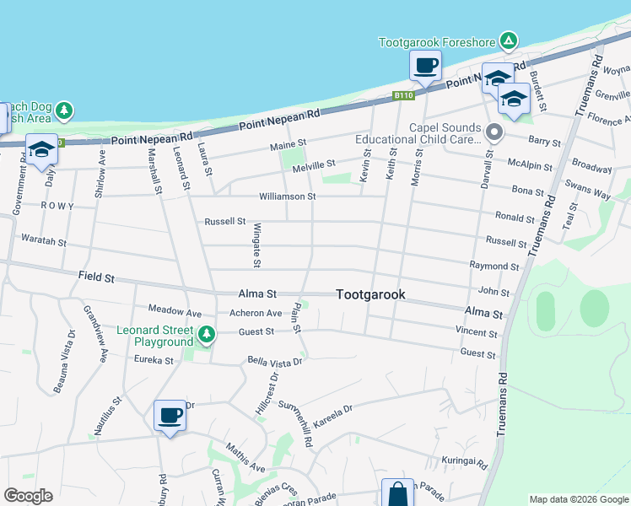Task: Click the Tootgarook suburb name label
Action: pyautogui.click(x=370, y=294)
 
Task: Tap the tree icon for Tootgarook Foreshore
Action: pyautogui.click(x=508, y=41)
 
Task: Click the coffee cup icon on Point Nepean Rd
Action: pyautogui.click(x=426, y=65)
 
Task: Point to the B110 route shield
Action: pyautogui.click(x=403, y=96)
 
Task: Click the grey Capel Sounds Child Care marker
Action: pyautogui.click(x=495, y=132)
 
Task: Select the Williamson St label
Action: pyautogui.click(x=287, y=196)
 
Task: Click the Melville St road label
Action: pyautogui.click(x=314, y=165)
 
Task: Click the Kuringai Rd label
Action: pyautogui.click(x=464, y=462)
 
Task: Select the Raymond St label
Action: pyautogui.click(x=494, y=266)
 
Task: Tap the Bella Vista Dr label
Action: pyautogui.click(x=274, y=361)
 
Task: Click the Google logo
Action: pyautogui.click(x=28, y=496)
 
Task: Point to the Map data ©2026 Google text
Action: pyautogui.click(x=578, y=498)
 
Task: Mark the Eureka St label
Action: pyautogui.click(x=154, y=360)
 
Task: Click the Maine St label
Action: pyautogui.click(x=287, y=146)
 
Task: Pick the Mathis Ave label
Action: pyautogui.click(x=245, y=458)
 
